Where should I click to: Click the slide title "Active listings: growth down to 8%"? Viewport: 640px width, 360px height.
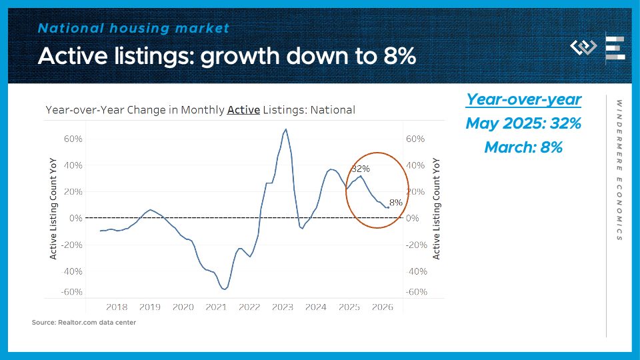coord(227,56)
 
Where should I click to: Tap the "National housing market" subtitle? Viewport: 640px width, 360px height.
coord(134,28)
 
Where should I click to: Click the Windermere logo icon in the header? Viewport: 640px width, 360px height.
coord(583,47)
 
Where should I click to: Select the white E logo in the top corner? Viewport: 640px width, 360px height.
coord(615,49)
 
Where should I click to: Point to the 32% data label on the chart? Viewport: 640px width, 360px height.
coord(361,169)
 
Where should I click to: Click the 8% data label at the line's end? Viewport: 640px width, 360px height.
coord(396,202)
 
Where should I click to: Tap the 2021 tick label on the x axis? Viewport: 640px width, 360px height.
coord(216,307)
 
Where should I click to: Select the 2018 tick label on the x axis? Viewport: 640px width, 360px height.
coord(117,307)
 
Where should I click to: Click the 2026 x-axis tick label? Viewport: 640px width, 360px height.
coord(383,307)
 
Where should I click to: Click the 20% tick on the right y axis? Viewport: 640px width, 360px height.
coord(415,191)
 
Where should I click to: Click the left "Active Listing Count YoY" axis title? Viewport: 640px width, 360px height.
coord(53,209)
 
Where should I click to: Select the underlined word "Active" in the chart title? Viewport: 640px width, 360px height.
coord(243,110)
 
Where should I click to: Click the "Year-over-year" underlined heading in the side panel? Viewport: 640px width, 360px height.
coord(523,99)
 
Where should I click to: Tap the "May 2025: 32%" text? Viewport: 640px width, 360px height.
coord(523,123)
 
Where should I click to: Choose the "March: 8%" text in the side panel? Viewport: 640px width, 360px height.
coord(523,147)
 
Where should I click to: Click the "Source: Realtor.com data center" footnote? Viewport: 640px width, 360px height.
coord(84,323)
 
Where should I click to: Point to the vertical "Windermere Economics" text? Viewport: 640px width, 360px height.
coord(619,170)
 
